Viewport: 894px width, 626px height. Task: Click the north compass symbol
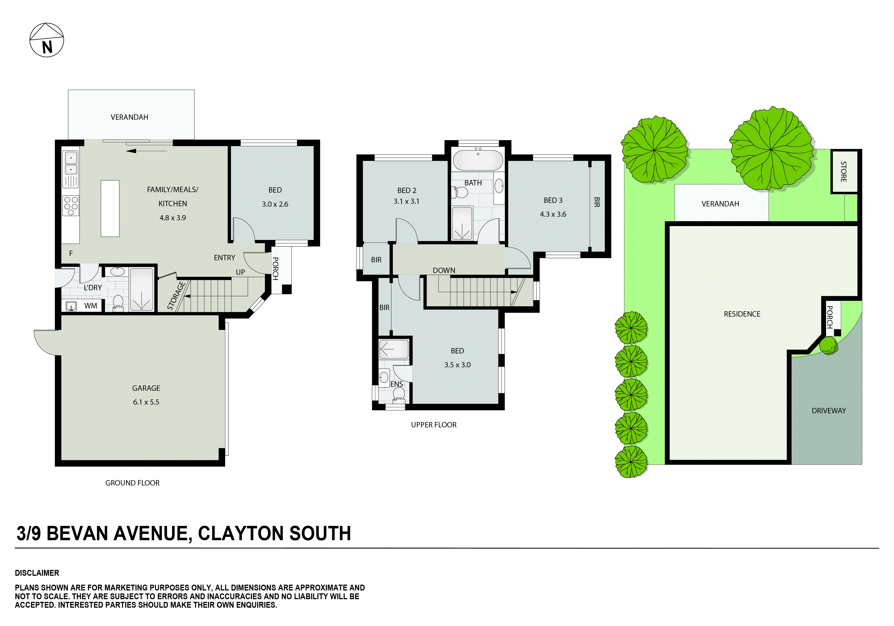click(x=47, y=40)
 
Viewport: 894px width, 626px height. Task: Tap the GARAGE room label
click(x=146, y=388)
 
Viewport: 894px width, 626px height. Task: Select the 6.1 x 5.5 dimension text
click(x=146, y=402)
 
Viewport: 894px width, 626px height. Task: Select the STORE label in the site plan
click(x=843, y=172)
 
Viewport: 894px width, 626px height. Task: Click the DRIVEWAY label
click(x=829, y=411)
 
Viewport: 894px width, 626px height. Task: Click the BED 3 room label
click(x=553, y=200)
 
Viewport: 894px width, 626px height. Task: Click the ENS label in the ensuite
click(x=396, y=384)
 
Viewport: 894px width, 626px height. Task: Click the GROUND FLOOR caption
click(x=132, y=483)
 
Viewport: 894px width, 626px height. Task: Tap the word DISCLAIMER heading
click(x=37, y=573)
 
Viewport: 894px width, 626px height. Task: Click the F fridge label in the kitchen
click(x=71, y=253)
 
